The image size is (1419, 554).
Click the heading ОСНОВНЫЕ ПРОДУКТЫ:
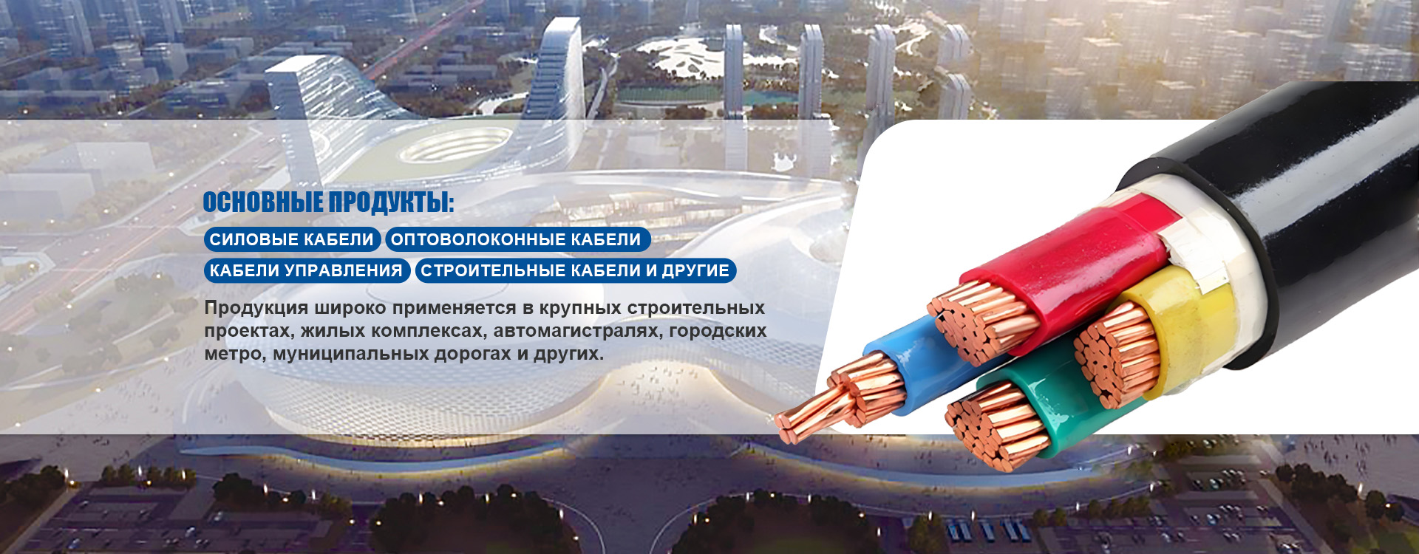[x=328, y=202]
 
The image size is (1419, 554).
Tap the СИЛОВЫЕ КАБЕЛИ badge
[x=292, y=239]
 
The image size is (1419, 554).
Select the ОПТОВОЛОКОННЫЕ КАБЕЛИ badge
[x=517, y=239]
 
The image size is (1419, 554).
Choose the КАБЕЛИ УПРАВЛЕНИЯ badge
[x=306, y=270]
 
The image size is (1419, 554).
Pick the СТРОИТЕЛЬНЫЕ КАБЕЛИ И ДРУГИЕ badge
[x=576, y=270]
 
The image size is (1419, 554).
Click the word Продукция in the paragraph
[x=256, y=307]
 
